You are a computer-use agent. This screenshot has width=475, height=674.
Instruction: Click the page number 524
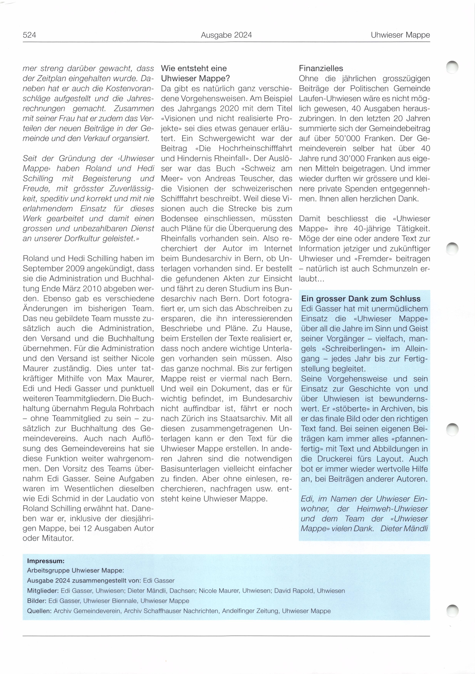pos(29,35)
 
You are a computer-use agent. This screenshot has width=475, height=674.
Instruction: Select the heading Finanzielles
pos(321,68)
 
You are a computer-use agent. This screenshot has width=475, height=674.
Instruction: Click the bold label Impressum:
pos(45,561)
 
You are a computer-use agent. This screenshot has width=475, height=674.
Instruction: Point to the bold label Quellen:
pos(39,611)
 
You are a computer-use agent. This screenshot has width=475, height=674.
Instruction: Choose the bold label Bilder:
pos(37,601)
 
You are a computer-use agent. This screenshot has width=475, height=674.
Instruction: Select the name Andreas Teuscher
pos(241,179)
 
